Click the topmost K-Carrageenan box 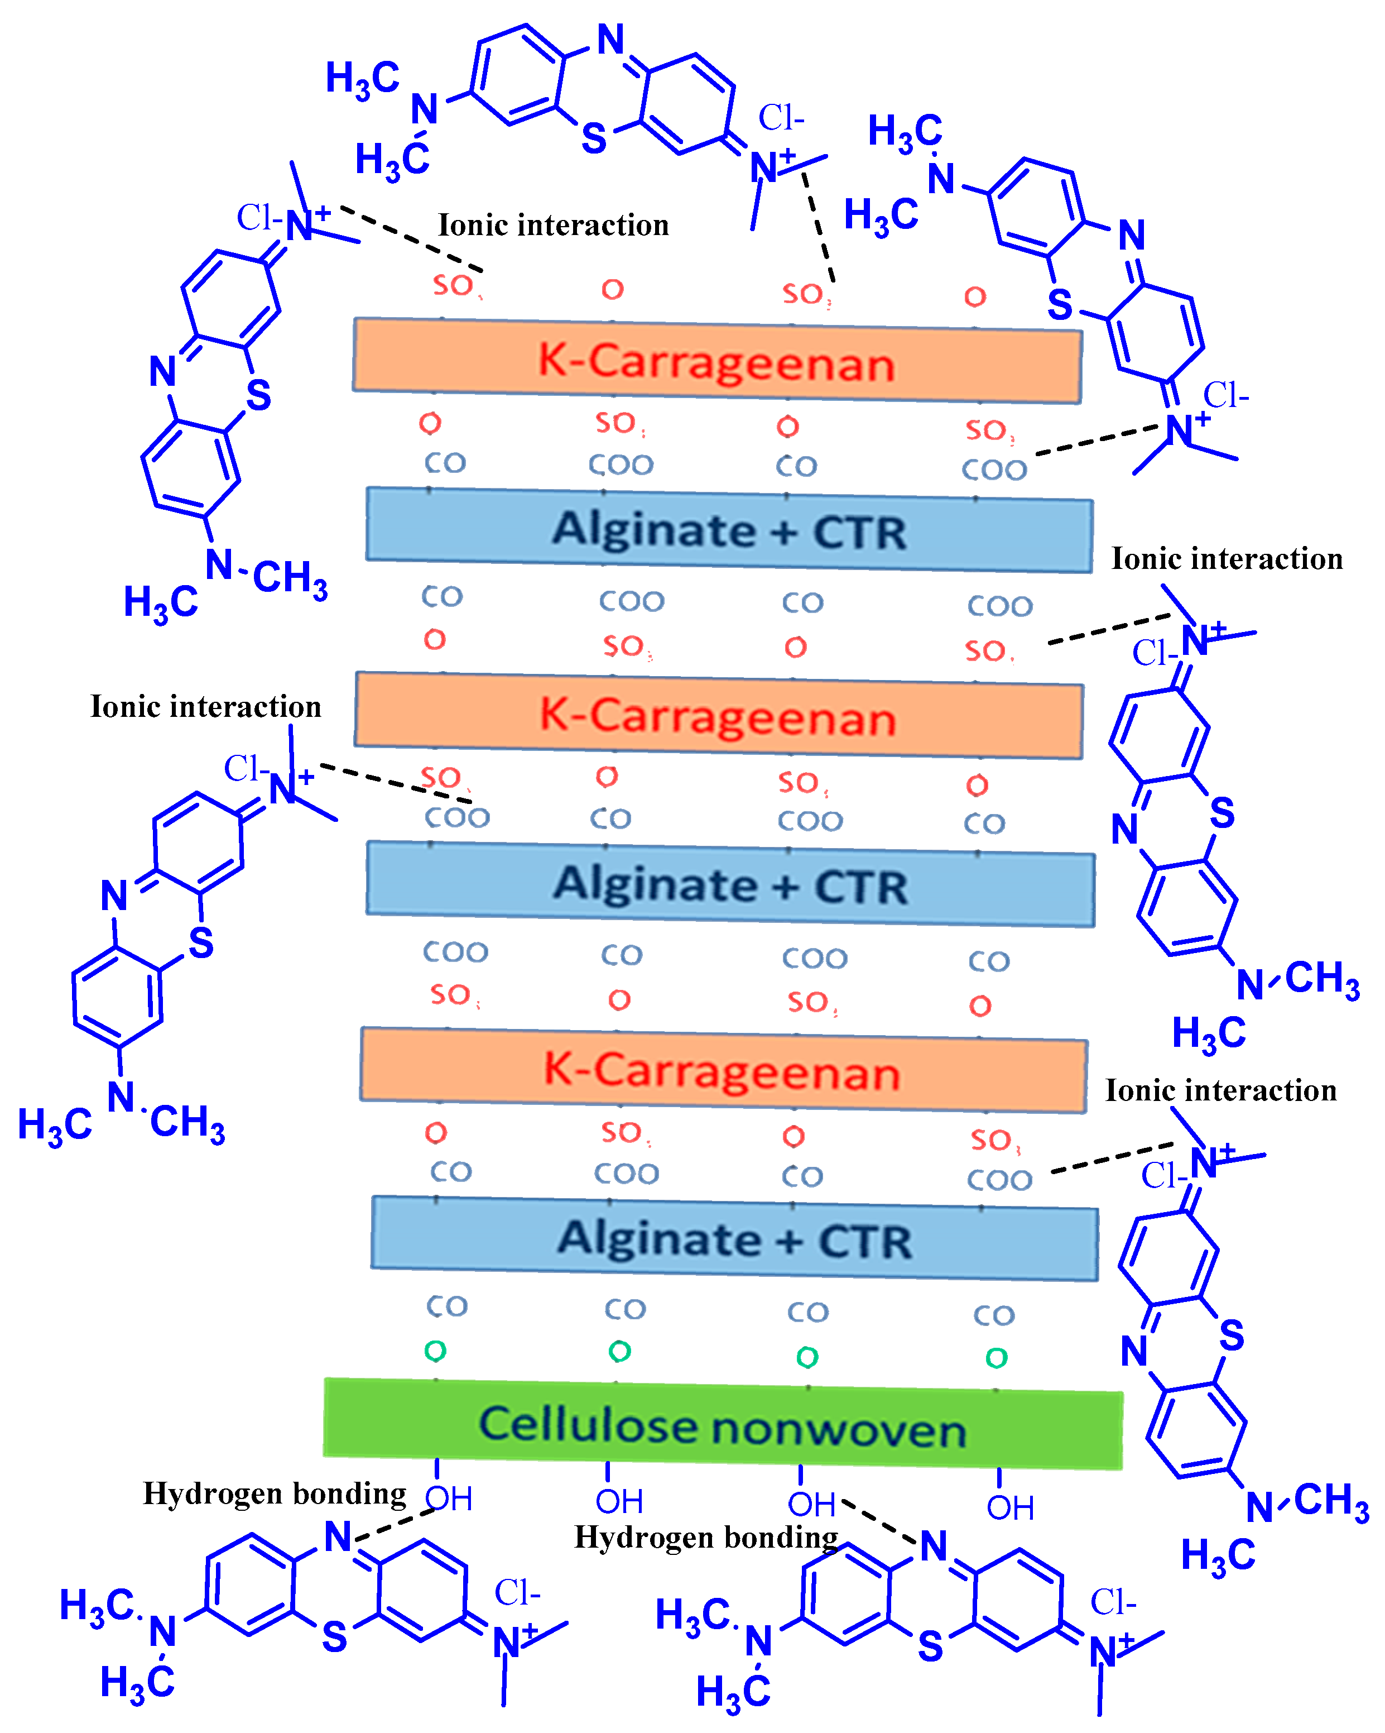716,361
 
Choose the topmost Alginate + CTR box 729,530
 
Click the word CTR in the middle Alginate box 861,887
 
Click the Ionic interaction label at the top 552,225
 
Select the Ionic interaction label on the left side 206,706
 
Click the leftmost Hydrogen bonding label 274,1493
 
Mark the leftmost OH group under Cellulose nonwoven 448,1499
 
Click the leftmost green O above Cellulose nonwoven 435,1351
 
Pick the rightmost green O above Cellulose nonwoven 996,1358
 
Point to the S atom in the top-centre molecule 594,139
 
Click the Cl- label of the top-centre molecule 781,118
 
